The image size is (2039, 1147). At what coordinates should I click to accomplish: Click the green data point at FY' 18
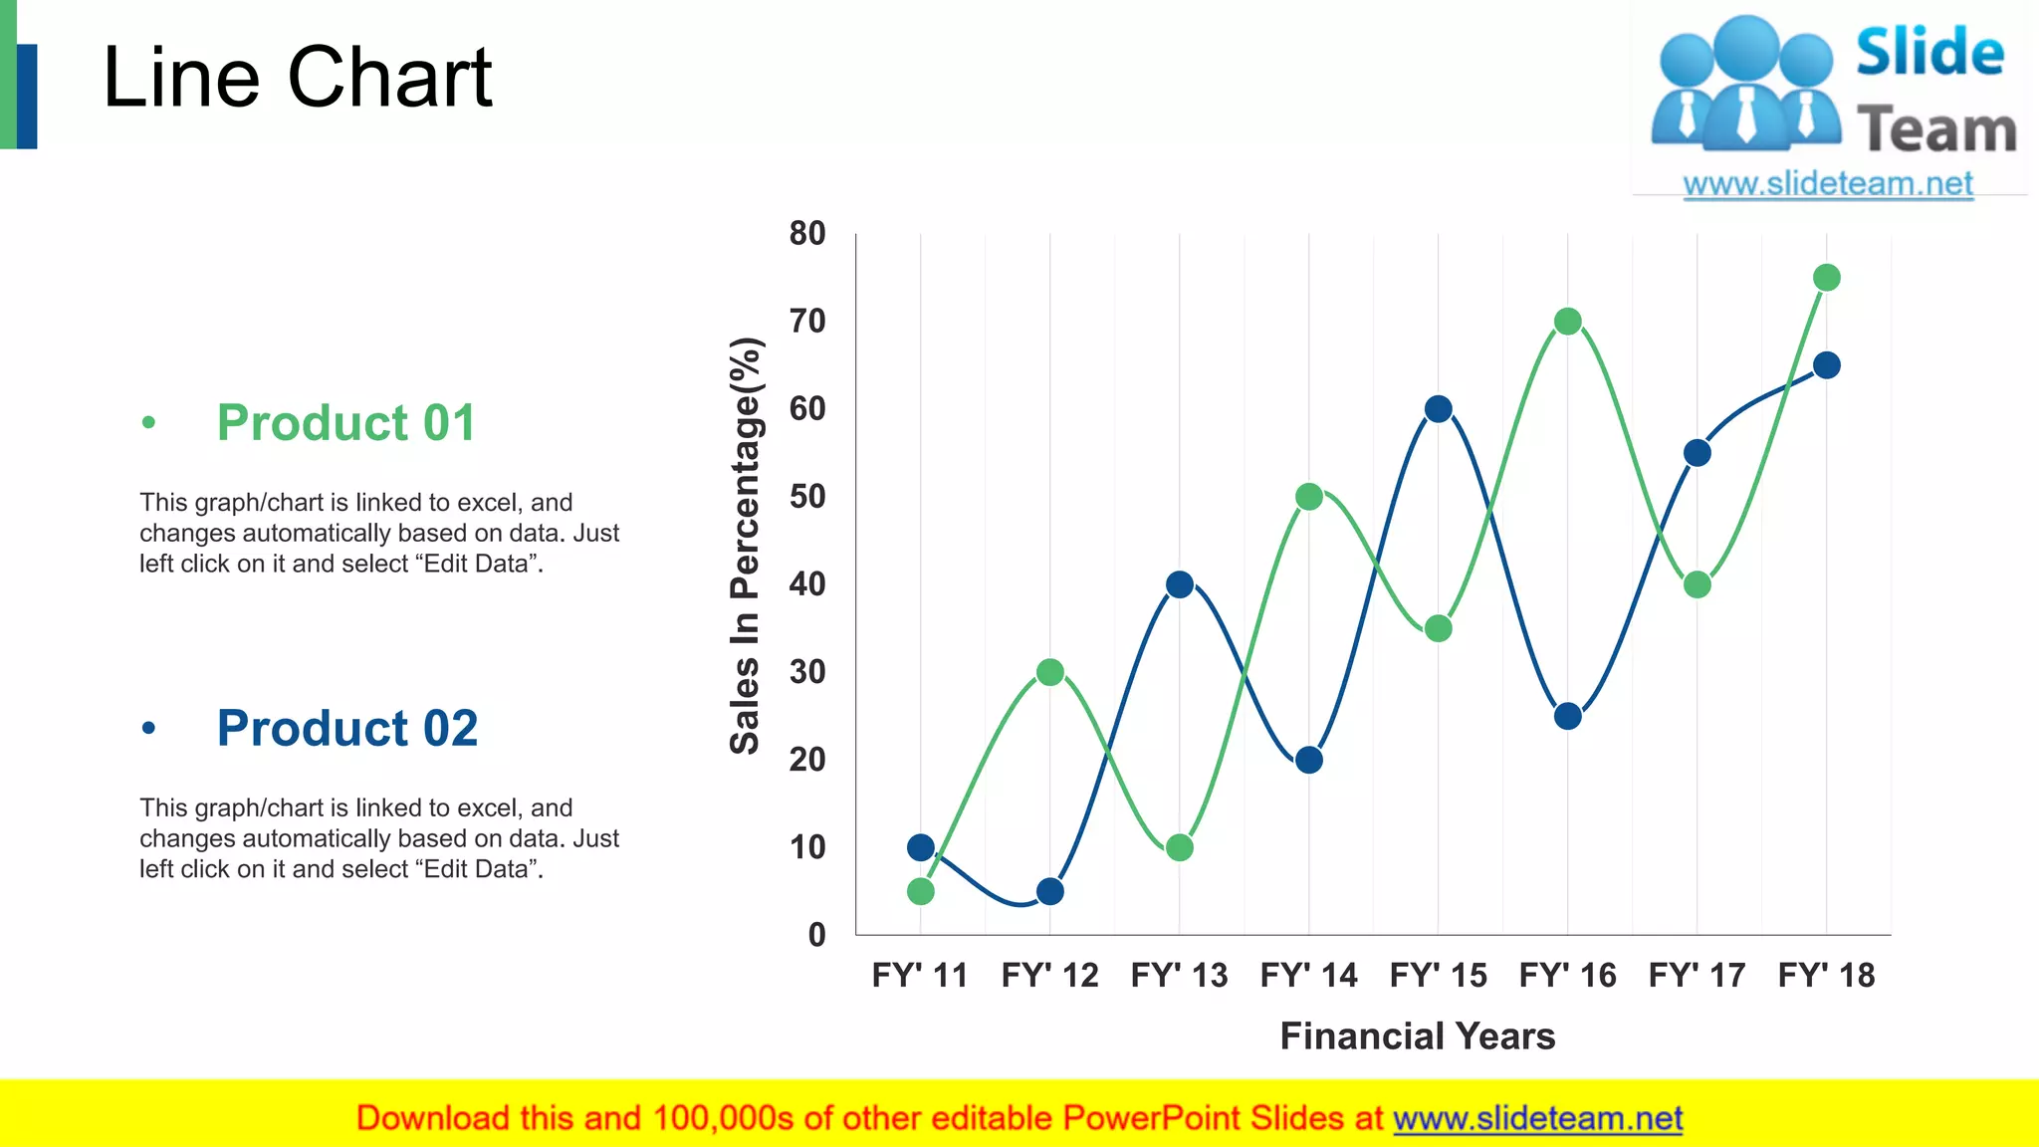pos(1826,278)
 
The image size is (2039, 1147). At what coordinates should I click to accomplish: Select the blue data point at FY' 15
pos(1438,409)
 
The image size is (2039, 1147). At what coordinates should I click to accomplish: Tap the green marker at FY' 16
pos(1567,322)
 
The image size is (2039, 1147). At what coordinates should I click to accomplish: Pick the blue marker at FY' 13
pos(1179,584)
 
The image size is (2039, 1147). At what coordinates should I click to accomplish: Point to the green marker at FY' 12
pos(1049,672)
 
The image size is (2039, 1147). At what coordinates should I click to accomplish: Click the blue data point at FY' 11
pos(921,847)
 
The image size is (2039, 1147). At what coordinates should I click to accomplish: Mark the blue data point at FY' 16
pos(1567,716)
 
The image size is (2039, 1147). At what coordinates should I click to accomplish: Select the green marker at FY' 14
pos(1308,497)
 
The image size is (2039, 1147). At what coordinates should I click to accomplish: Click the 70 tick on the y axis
pos(807,322)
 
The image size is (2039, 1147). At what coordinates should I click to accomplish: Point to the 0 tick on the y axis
pos(816,935)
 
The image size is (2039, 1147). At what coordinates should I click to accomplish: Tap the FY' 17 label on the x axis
pos(1697,975)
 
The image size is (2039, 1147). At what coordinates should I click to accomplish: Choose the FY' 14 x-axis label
pos(1308,975)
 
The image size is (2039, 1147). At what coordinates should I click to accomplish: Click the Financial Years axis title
pos(1417,1036)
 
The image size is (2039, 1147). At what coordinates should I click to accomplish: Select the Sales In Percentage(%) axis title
pos(746,546)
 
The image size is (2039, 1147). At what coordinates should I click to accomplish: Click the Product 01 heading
pos(346,423)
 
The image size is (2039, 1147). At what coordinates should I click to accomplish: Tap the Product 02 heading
pos(347,729)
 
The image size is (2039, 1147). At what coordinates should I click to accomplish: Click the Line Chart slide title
pos(297,78)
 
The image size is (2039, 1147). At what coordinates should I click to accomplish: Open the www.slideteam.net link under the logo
pos(1828,184)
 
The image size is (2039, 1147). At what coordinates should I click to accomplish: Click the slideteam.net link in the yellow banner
pos(1537,1118)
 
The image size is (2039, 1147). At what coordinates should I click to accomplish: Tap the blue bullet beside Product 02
pos(148,729)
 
